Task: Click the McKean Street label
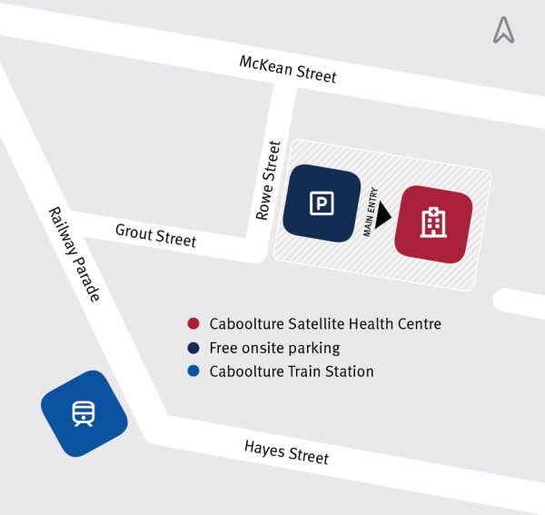287,69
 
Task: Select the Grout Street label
155,235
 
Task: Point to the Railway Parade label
74,253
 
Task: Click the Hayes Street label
286,451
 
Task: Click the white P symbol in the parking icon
321,204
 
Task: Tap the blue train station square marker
84,413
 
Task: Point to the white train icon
84,413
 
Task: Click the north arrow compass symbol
503,31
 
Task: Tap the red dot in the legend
193,324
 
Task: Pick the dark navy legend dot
193,348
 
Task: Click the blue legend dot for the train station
193,371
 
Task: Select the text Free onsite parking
274,348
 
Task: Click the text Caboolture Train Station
292,371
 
